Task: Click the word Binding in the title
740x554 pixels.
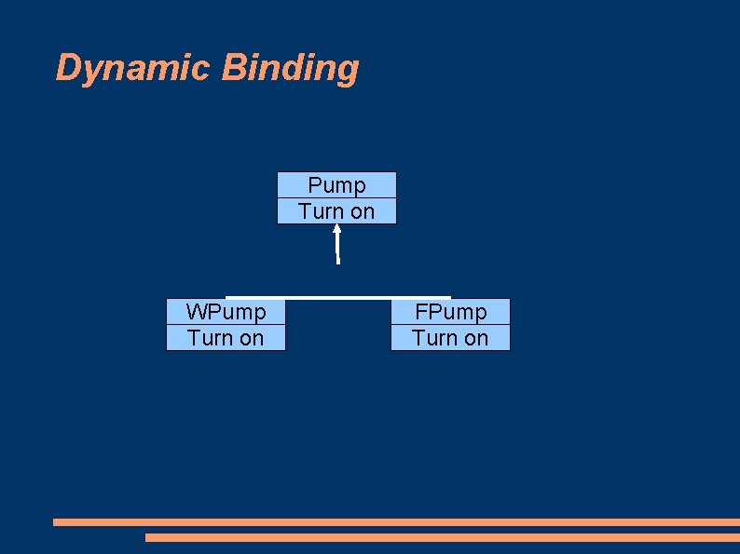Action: click(x=291, y=68)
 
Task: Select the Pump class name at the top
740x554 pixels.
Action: click(x=336, y=185)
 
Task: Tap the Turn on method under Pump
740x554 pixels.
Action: click(x=336, y=211)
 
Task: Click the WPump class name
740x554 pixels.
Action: click(x=226, y=311)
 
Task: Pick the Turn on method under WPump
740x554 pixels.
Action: click(x=226, y=338)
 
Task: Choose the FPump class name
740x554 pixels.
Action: click(x=450, y=311)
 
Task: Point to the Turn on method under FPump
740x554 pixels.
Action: click(x=450, y=338)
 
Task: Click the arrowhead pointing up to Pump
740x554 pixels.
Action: click(x=336, y=229)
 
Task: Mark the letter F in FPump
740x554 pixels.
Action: click(x=421, y=311)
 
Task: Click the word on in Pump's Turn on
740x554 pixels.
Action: click(x=362, y=211)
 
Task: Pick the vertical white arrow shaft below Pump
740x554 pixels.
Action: click(x=337, y=250)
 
